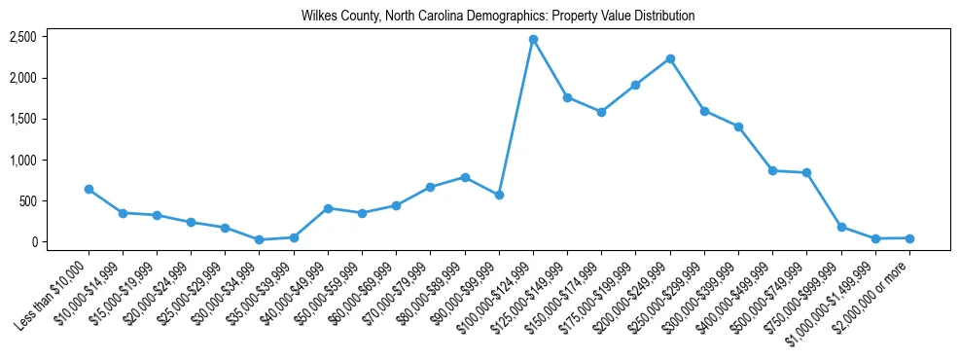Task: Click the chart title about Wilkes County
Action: [499, 17]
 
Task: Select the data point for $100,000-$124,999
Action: [533, 39]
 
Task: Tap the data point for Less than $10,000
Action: [89, 189]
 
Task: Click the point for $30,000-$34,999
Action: [259, 239]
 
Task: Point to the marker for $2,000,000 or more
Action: [909, 238]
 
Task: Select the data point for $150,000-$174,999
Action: [601, 112]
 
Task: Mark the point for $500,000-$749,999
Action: [806, 172]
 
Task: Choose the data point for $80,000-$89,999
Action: [465, 177]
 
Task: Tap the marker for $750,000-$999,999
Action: [841, 227]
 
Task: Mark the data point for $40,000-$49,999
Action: [328, 208]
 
